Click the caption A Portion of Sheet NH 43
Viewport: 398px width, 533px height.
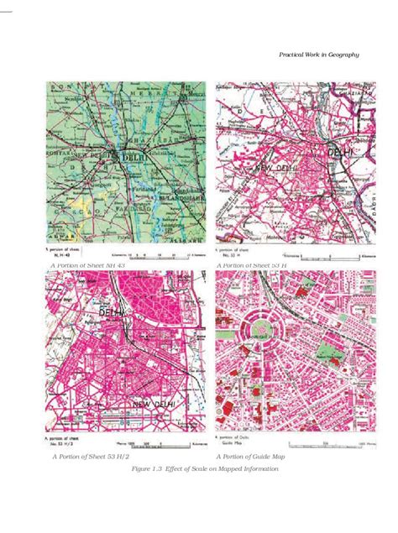(88, 265)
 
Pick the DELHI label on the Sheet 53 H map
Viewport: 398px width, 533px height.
(339, 153)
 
